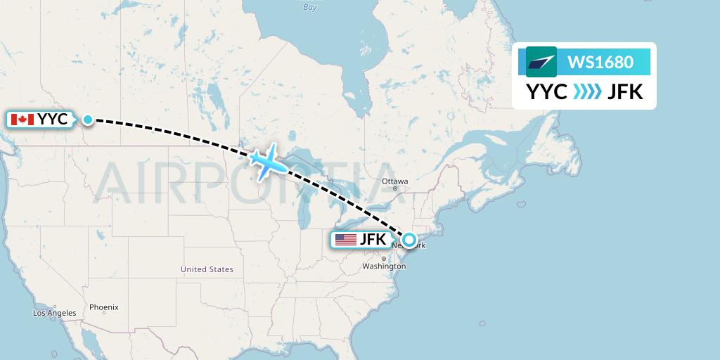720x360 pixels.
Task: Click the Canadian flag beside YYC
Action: [23, 120]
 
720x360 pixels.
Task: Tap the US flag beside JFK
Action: [346, 240]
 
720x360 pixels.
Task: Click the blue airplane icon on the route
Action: [268, 162]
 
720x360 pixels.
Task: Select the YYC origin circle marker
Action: [87, 120]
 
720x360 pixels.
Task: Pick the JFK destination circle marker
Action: [409, 240]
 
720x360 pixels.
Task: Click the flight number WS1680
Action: [600, 62]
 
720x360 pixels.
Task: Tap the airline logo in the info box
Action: [541, 62]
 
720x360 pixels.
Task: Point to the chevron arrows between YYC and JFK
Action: [587, 92]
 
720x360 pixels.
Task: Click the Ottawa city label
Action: [394, 181]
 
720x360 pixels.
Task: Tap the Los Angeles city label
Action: [55, 313]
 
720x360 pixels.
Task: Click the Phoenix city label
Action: [104, 307]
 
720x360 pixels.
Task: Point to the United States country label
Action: [207, 269]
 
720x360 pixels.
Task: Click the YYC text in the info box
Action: [547, 92]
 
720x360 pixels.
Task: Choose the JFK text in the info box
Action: [625, 92]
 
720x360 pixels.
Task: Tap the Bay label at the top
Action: [309, 7]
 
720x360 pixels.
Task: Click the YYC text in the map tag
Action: [53, 120]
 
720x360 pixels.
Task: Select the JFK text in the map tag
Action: [373, 240]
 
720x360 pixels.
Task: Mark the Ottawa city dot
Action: [395, 188]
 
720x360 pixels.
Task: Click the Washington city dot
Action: [383, 259]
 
